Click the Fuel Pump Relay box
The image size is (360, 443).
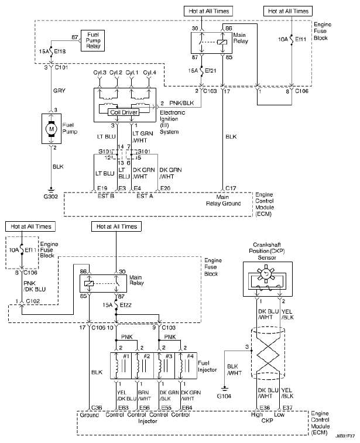pos(92,41)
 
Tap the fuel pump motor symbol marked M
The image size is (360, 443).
pos(51,129)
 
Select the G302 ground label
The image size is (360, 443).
pos(50,197)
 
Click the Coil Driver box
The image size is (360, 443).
pos(124,112)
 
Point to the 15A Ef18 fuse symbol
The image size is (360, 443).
pos(51,51)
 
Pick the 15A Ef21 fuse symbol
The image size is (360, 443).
pos(201,71)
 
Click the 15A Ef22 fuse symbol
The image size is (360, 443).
pos(116,305)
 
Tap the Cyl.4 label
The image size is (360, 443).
pos(149,73)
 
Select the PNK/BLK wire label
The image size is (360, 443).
pos(181,103)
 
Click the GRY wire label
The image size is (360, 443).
pos(59,91)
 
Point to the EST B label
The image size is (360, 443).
pos(106,196)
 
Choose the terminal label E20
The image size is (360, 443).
pos(165,188)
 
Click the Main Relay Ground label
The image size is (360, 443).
pos(223,200)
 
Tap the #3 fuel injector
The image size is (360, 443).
pos(164,366)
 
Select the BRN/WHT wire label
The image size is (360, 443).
pos(145,396)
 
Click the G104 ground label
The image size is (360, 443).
pos(224,396)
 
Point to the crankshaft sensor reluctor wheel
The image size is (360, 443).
pos(265,273)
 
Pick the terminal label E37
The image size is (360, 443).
pos(287,408)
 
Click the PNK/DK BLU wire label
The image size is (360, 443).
pos(35,286)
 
